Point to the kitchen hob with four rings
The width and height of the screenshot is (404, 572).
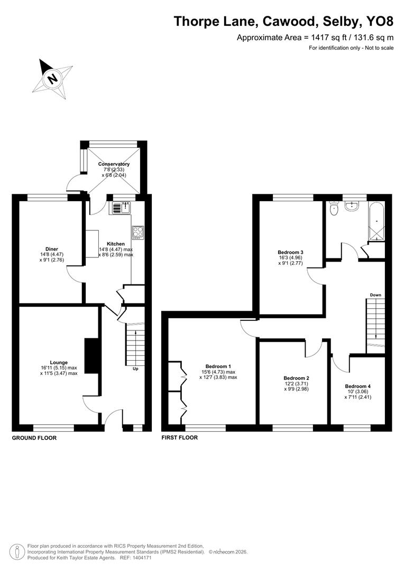138,232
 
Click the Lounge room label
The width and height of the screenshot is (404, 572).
59,362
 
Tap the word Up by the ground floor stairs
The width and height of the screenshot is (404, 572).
135,369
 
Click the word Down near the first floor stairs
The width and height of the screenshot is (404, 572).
375,295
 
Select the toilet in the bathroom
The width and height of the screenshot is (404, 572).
334,210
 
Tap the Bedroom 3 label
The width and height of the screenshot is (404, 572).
291,252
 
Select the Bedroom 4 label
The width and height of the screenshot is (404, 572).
358,386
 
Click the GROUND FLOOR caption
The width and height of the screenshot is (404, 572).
34,438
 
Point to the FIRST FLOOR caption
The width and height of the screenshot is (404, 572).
180,438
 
